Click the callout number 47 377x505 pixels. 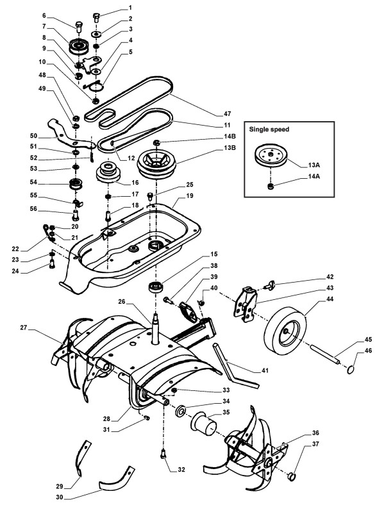(x=228, y=113)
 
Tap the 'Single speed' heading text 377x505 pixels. (x=269, y=129)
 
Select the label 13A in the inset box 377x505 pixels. (x=314, y=165)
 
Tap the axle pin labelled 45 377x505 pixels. (x=325, y=354)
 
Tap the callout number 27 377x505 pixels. (x=24, y=328)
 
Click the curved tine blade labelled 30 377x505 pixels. (x=117, y=477)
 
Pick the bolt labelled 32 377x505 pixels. (x=163, y=454)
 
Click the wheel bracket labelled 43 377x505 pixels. (x=246, y=304)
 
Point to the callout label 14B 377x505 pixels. (x=230, y=137)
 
